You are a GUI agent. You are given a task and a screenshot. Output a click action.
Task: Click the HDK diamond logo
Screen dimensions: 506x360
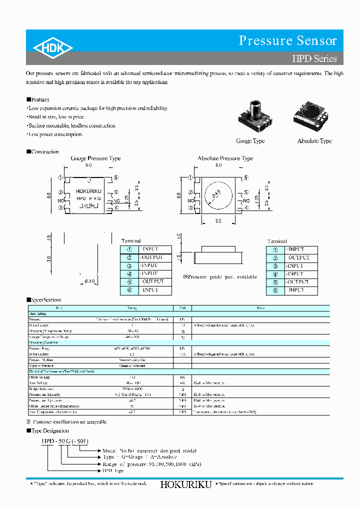(x=53, y=47)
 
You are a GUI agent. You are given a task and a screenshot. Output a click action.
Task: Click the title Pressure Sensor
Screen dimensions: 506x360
(x=287, y=40)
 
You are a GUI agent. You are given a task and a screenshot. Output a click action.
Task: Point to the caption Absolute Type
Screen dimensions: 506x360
(x=314, y=141)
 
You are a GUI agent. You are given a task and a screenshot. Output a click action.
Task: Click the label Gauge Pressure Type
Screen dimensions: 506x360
(x=95, y=158)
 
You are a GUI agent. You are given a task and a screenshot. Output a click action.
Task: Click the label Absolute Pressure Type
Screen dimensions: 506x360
(x=225, y=158)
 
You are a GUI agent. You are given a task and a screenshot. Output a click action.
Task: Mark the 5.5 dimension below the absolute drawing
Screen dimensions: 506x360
(x=218, y=220)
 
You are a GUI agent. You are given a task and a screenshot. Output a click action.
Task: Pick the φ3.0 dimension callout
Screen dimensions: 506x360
(x=89, y=282)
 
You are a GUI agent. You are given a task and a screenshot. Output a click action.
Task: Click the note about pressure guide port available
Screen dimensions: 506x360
(x=220, y=276)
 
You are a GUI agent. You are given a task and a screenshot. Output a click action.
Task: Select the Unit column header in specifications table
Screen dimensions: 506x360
(x=182, y=308)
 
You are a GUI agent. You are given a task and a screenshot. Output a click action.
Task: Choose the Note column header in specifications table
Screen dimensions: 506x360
(x=260, y=308)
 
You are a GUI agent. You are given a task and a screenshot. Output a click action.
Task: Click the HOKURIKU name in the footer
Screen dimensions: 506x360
(x=186, y=484)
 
